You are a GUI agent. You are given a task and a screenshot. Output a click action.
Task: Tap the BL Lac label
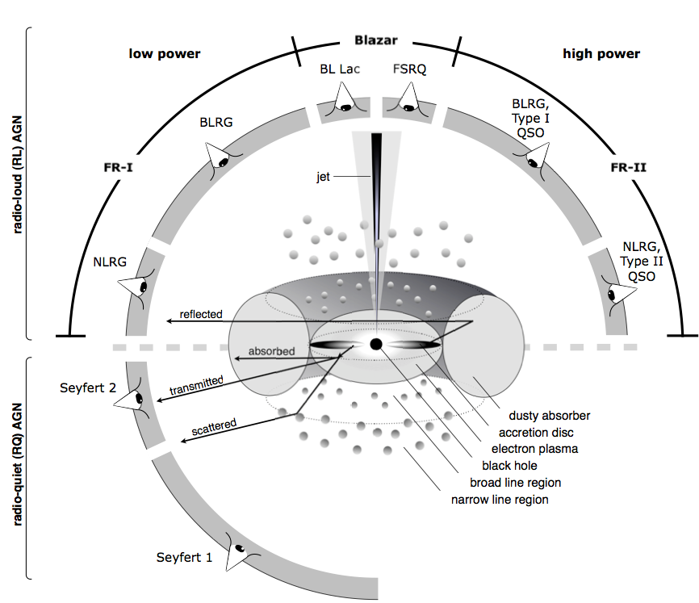click(340, 69)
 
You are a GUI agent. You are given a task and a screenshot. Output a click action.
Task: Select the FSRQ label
click(409, 69)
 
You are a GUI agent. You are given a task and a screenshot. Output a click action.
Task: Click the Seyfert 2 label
click(88, 387)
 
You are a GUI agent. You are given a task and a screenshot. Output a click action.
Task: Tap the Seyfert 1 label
click(185, 557)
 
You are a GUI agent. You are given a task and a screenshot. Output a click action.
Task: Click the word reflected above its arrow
click(201, 314)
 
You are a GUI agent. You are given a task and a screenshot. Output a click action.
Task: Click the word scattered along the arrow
click(216, 426)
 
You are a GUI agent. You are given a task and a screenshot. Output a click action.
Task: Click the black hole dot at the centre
click(376, 345)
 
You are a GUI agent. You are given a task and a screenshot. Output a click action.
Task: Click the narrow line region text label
click(500, 500)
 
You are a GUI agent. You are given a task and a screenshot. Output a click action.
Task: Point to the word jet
click(324, 174)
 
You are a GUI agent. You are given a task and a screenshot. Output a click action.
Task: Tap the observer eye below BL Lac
click(345, 105)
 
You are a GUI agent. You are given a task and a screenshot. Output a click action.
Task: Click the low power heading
click(165, 54)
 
